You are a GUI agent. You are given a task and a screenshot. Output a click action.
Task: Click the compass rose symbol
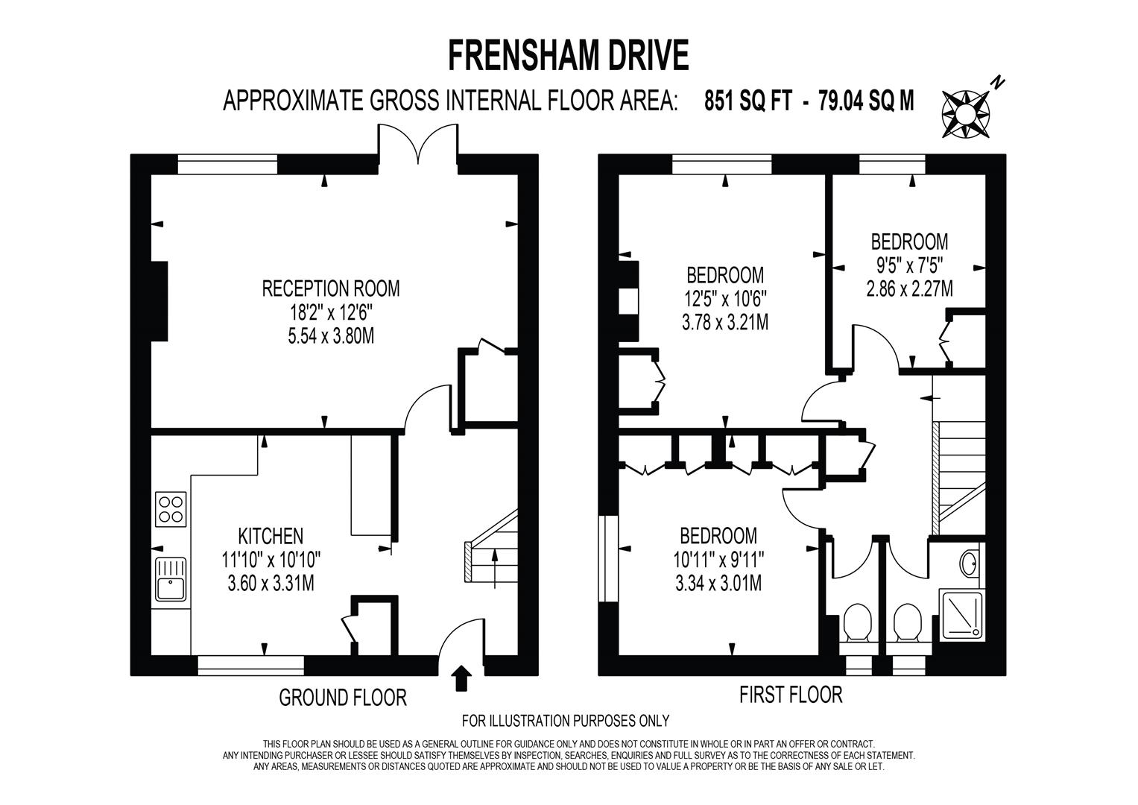click(966, 113)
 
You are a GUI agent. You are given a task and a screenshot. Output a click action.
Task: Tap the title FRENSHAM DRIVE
click(568, 56)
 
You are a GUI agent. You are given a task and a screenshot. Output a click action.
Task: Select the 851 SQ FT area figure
click(747, 100)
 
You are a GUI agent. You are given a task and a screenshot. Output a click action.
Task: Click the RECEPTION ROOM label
click(330, 288)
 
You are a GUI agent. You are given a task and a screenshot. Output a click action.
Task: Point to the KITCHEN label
click(270, 536)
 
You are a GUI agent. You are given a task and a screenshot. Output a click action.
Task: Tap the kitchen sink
click(171, 579)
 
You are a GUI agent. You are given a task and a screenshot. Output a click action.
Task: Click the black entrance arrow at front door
click(462, 678)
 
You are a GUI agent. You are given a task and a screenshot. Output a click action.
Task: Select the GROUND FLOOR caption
click(343, 698)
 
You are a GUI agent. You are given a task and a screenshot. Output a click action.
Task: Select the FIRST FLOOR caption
click(790, 695)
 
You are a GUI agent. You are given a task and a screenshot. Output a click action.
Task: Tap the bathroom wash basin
click(970, 563)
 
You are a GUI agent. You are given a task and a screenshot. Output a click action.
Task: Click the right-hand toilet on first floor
click(907, 622)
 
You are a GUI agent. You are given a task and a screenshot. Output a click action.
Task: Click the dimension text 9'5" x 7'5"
click(909, 265)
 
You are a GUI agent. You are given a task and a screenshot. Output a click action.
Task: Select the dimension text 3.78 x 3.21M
click(724, 322)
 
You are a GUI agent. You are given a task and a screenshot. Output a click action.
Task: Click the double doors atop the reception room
click(419, 143)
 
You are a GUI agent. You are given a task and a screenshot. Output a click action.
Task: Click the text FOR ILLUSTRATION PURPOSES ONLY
click(566, 721)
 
